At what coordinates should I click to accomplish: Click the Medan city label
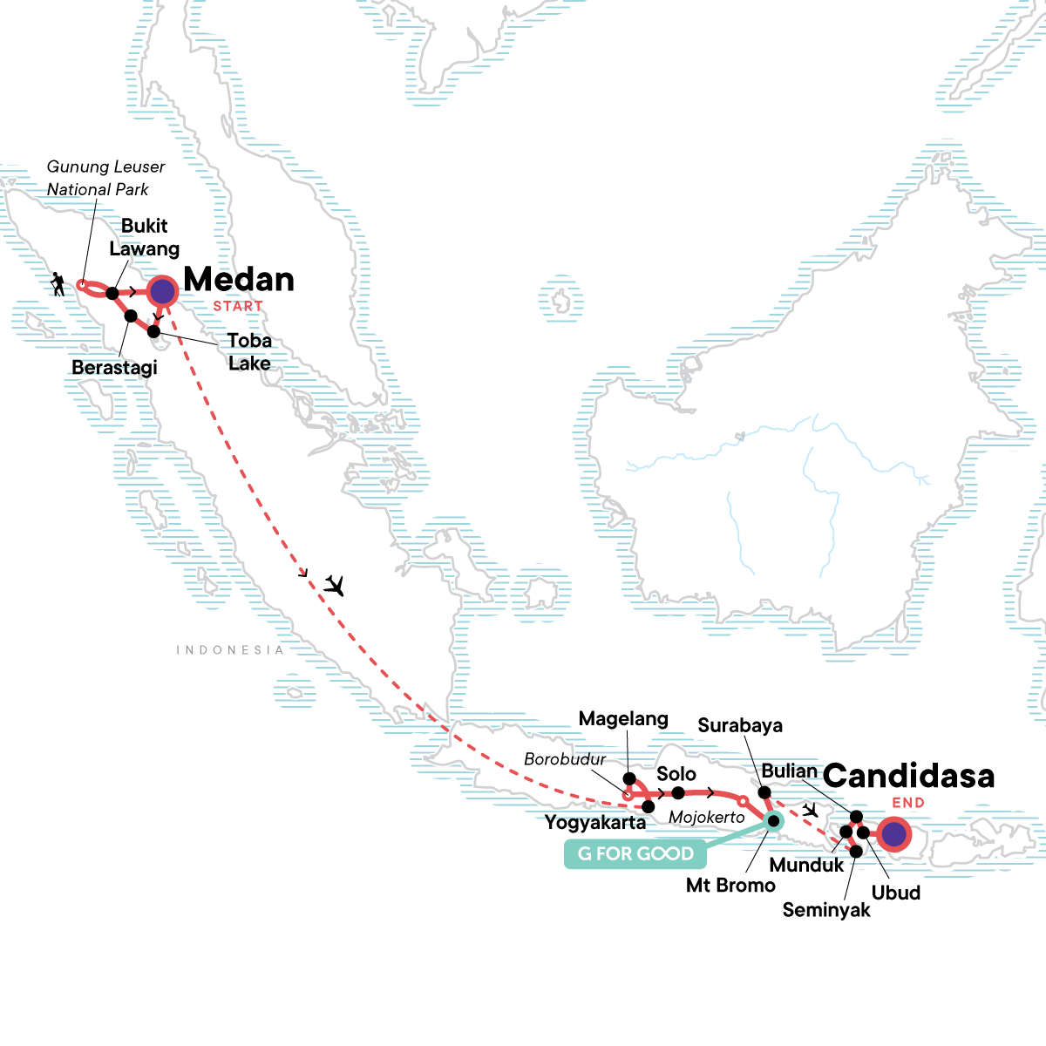pyautogui.click(x=239, y=280)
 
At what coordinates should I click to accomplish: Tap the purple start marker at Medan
pyautogui.click(x=162, y=291)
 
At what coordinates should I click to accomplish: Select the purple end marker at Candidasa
pyautogui.click(x=893, y=835)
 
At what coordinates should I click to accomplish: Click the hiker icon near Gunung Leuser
pyautogui.click(x=58, y=284)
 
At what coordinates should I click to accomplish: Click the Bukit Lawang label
pyautogui.click(x=144, y=237)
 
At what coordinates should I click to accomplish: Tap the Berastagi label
pyautogui.click(x=114, y=368)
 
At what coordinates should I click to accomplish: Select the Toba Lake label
pyautogui.click(x=249, y=352)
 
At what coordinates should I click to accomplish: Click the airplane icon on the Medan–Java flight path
pyautogui.click(x=333, y=585)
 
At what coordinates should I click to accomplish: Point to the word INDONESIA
pyautogui.click(x=230, y=650)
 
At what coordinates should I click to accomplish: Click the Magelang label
pyautogui.click(x=623, y=719)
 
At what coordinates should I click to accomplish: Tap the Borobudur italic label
pyautogui.click(x=565, y=759)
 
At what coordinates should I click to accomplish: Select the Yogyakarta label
pyautogui.click(x=595, y=822)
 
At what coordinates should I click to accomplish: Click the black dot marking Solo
pyautogui.click(x=678, y=792)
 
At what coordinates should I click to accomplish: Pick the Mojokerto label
pyautogui.click(x=707, y=818)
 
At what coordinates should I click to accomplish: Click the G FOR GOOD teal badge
pyautogui.click(x=635, y=854)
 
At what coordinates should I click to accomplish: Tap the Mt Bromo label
pyautogui.click(x=730, y=886)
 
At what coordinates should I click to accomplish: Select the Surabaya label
pyautogui.click(x=740, y=726)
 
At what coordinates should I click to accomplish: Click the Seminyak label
pyautogui.click(x=826, y=910)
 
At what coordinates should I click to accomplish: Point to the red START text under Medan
pyautogui.click(x=238, y=307)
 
